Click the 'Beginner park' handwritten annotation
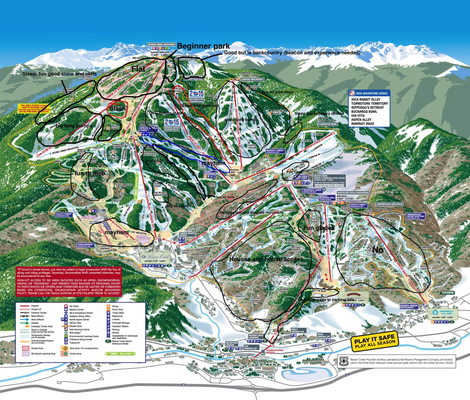click(x=204, y=46)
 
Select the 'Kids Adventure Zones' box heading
click(x=369, y=93)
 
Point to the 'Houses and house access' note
click(x=266, y=259)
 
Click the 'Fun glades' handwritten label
click(x=318, y=228)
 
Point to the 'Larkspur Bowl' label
click(x=328, y=124)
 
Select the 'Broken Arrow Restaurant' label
click(x=409, y=306)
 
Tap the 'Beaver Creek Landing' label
click(x=254, y=336)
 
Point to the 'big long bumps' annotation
click(x=74, y=126)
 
